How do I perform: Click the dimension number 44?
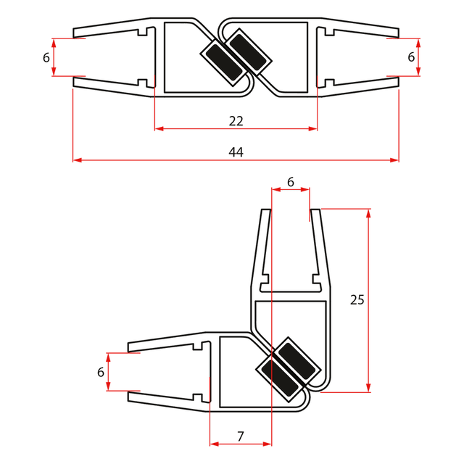coord(236,152)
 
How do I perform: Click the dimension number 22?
coord(236,121)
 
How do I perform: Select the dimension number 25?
coord(357,299)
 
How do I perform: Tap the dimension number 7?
coord(240,436)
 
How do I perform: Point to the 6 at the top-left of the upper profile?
coord(46,57)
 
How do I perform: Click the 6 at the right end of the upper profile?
coord(411,57)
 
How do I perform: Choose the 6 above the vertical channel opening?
coord(291,182)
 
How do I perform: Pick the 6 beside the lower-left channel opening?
coord(101,372)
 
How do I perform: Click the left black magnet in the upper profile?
coord(224,63)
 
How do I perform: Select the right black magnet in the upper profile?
coord(248,52)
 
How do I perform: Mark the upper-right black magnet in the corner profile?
coord(297,360)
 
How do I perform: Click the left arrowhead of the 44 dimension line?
coord(77,160)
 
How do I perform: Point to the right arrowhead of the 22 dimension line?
coord(313,129)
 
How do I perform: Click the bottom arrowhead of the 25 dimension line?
coord(368,388)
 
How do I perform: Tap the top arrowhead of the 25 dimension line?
coord(368,213)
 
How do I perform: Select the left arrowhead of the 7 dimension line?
coord(214,444)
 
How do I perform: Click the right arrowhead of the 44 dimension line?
coord(394,160)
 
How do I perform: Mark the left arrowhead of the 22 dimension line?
coord(159,129)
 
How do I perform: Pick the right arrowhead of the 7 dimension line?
coord(268,444)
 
